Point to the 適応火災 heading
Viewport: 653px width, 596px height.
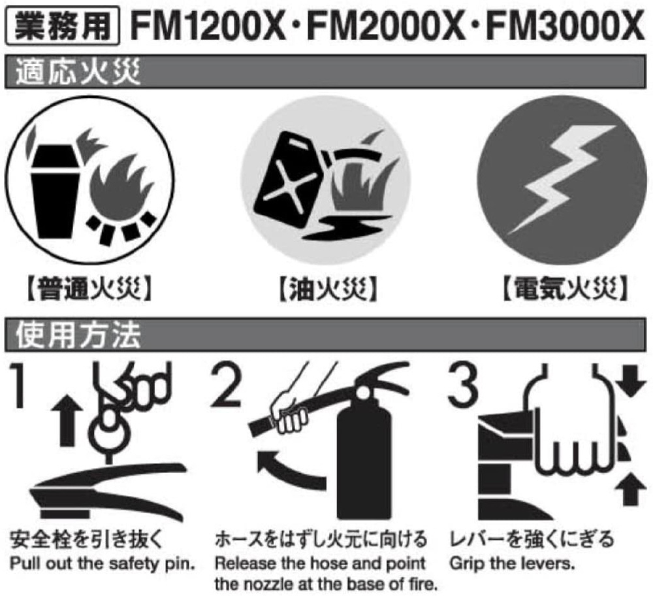(78, 72)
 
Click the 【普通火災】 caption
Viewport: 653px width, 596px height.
(89, 288)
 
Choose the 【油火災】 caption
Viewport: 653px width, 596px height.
(327, 288)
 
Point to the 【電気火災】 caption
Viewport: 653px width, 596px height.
(565, 288)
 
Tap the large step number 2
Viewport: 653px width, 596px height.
(226, 385)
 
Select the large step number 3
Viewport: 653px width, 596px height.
(463, 385)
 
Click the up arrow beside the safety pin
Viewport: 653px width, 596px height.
(67, 421)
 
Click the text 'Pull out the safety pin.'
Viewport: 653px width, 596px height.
(103, 564)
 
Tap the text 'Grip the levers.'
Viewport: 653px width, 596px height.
(512, 564)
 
